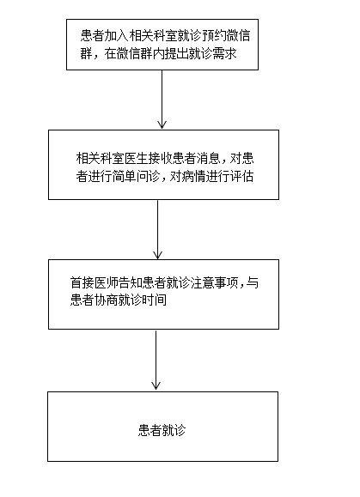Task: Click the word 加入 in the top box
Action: (116, 36)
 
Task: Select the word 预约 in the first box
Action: (213, 36)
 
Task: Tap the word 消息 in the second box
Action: (209, 159)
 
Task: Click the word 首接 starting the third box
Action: (82, 282)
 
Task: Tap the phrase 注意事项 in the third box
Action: (214, 282)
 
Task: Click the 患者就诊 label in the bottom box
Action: (162, 430)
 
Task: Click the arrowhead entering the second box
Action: (162, 124)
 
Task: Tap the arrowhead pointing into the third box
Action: (157, 255)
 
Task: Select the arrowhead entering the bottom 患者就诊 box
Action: (156, 385)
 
